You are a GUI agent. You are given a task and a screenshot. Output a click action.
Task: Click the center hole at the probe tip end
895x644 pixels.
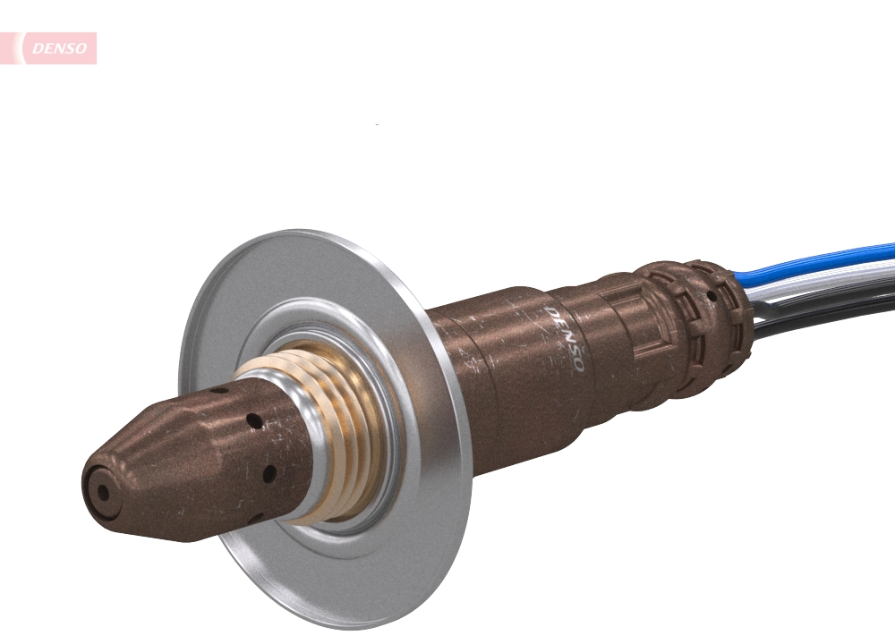(x=103, y=491)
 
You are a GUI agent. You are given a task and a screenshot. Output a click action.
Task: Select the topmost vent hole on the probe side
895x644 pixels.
(x=218, y=391)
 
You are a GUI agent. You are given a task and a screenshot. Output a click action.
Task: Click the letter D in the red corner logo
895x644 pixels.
(x=37, y=49)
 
